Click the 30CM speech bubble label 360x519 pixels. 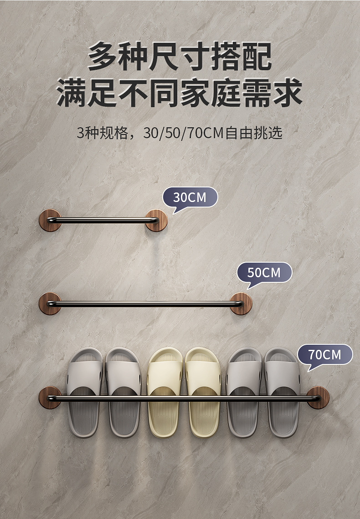pyautogui.click(x=190, y=197)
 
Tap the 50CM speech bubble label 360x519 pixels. pyautogui.click(x=264, y=272)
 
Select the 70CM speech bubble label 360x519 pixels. pyautogui.click(x=324, y=354)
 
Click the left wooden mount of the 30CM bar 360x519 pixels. pyautogui.click(x=50, y=220)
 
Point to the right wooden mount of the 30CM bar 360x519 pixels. pyautogui.click(x=156, y=220)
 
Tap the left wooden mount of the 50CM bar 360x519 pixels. pyautogui.click(x=50, y=303)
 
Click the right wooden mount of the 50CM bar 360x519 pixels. pyautogui.click(x=240, y=303)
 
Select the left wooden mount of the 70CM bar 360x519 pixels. pyautogui.click(x=50, y=397)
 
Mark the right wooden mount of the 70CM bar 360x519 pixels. pyautogui.click(x=318, y=397)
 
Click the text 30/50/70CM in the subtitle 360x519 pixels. pyautogui.click(x=182, y=133)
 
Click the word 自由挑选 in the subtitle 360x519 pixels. pyautogui.click(x=254, y=133)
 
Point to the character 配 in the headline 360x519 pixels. pyautogui.click(x=256, y=57)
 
